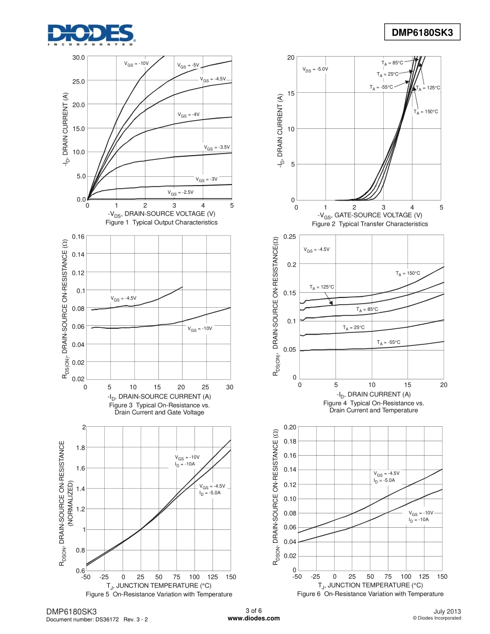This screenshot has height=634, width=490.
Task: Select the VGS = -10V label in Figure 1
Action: (136, 63)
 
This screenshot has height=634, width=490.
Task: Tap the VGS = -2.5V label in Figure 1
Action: (181, 192)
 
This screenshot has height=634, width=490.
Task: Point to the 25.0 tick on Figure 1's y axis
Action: (77, 81)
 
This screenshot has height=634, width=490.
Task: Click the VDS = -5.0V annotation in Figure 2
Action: (315, 69)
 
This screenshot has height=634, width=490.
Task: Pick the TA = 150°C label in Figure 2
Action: (426, 111)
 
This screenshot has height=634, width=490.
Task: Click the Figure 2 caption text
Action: (370, 224)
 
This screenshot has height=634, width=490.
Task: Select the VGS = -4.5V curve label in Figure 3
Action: (123, 298)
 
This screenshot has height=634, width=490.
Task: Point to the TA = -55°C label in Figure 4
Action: (388, 342)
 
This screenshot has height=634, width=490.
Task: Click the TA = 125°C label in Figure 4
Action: (322, 287)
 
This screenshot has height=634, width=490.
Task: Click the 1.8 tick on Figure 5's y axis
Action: (80, 447)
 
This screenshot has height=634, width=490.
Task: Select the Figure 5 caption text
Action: (159, 594)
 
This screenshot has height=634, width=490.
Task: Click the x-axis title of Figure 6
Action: (370, 586)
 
